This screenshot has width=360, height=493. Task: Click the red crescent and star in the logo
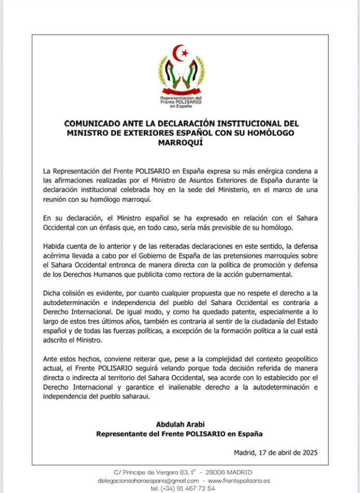click(x=180, y=51)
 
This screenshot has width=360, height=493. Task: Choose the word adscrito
click(x=57, y=340)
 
